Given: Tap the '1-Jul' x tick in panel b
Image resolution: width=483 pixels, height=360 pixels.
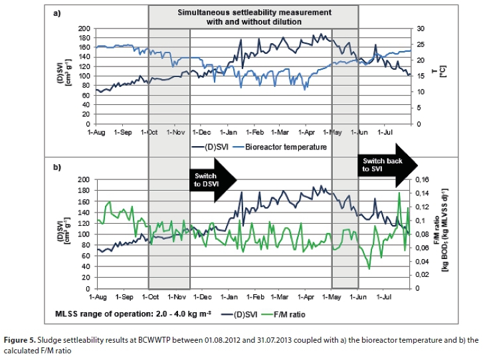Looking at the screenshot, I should coord(385,296).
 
